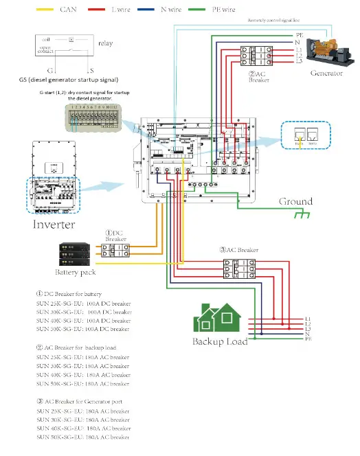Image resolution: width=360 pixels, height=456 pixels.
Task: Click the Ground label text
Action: coord(295,201)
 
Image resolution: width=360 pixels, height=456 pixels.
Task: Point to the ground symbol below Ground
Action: coord(300,215)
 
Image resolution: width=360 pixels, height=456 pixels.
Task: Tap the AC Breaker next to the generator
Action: coord(260,54)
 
